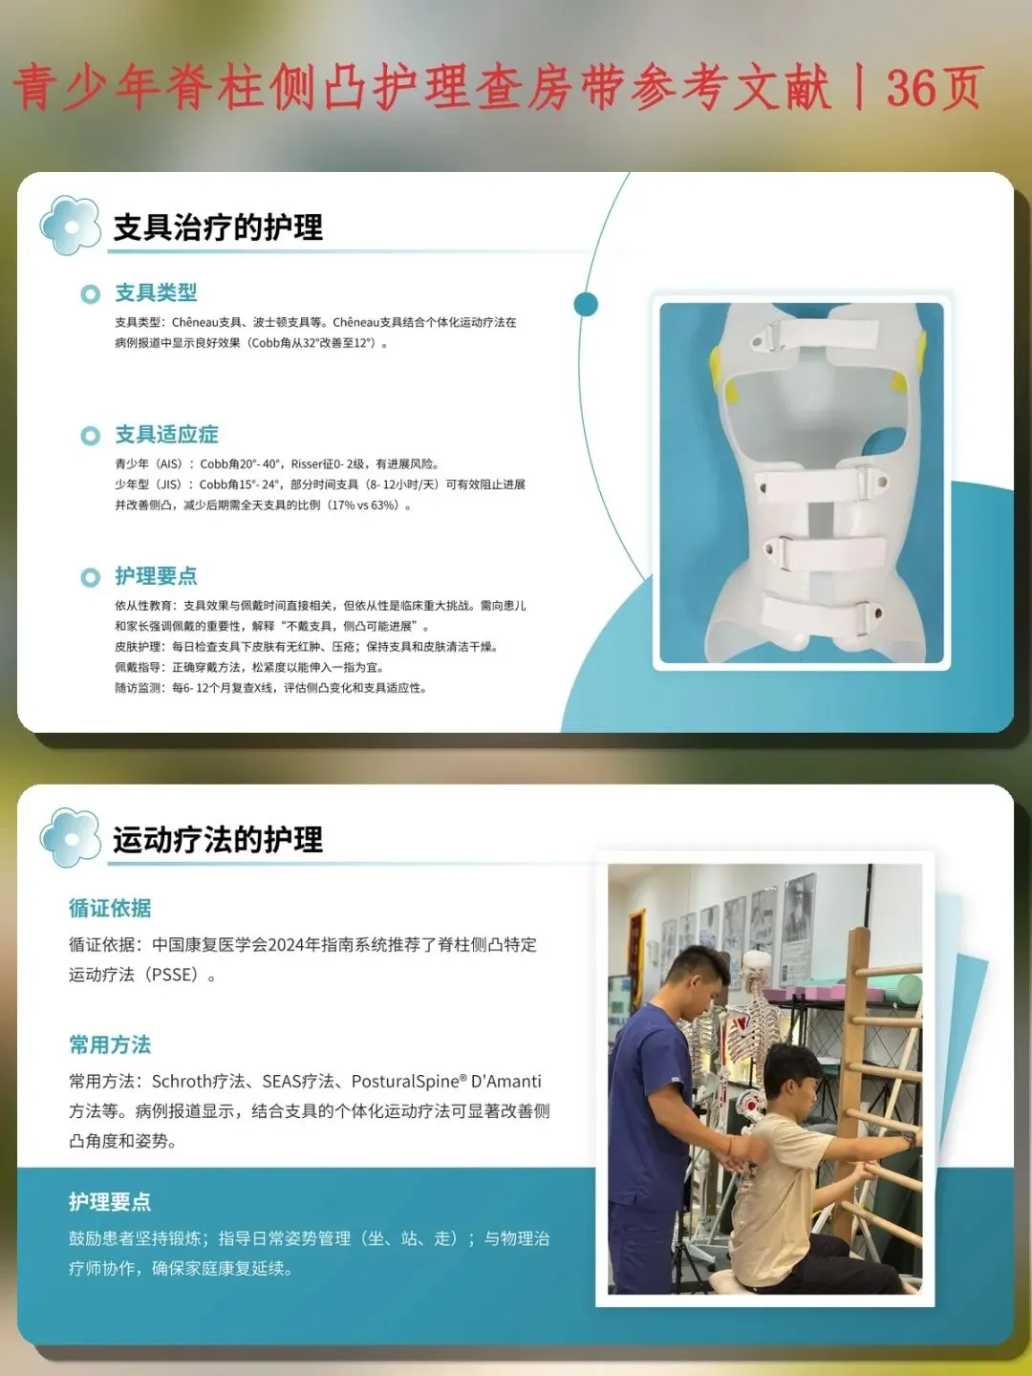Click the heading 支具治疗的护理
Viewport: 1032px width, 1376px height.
[218, 226]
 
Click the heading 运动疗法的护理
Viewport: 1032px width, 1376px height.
[218, 839]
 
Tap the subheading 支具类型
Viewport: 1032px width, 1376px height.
[156, 292]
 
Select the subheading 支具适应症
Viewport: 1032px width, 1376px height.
[166, 434]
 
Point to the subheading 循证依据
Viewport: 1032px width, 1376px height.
[110, 908]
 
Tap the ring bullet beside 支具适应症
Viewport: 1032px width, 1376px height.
[90, 436]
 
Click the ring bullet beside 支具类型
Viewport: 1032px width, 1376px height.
[90, 294]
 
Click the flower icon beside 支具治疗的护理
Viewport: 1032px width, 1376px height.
[70, 226]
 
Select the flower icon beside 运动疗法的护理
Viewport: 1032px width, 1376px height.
[70, 838]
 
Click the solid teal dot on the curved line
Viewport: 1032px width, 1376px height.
[586, 304]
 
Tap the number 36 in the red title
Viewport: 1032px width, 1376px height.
[908, 87]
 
